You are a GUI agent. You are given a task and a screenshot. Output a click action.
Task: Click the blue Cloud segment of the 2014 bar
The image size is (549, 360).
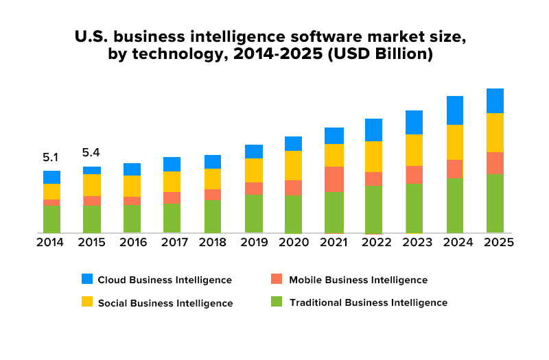[51, 177]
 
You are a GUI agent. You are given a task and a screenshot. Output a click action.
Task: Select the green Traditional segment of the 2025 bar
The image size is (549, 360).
[495, 203]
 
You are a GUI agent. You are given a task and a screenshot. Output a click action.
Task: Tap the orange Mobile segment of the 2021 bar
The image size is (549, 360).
[334, 179]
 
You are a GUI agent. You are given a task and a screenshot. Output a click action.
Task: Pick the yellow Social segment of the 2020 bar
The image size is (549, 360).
[293, 165]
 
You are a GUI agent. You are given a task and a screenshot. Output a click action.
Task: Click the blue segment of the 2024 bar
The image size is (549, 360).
[454, 110]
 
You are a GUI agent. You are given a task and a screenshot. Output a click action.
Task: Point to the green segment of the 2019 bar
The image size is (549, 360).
[253, 213]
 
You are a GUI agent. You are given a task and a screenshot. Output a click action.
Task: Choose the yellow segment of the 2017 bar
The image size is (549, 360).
[172, 181]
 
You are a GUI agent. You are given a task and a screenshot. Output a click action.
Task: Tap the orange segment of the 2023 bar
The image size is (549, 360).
[414, 174]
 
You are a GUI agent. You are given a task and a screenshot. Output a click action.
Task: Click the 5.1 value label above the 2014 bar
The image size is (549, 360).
[51, 157]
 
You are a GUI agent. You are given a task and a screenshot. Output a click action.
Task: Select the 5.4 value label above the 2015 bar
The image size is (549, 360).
[91, 152]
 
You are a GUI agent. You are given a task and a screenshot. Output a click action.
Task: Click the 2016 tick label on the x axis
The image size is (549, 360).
[132, 243]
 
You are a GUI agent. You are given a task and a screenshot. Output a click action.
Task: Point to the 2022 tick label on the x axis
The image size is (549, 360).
[374, 243]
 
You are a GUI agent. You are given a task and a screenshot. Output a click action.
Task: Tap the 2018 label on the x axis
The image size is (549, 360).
[213, 243]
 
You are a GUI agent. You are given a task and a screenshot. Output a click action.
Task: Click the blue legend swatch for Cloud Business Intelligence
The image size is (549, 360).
[87, 279]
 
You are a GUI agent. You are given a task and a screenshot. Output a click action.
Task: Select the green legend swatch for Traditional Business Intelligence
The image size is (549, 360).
[277, 302]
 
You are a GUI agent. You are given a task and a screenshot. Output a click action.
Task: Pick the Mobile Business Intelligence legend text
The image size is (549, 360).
[358, 280]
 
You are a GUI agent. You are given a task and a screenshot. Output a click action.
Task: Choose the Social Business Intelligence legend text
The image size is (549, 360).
[165, 302]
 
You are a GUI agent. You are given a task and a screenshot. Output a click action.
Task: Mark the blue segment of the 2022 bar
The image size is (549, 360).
[374, 130]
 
